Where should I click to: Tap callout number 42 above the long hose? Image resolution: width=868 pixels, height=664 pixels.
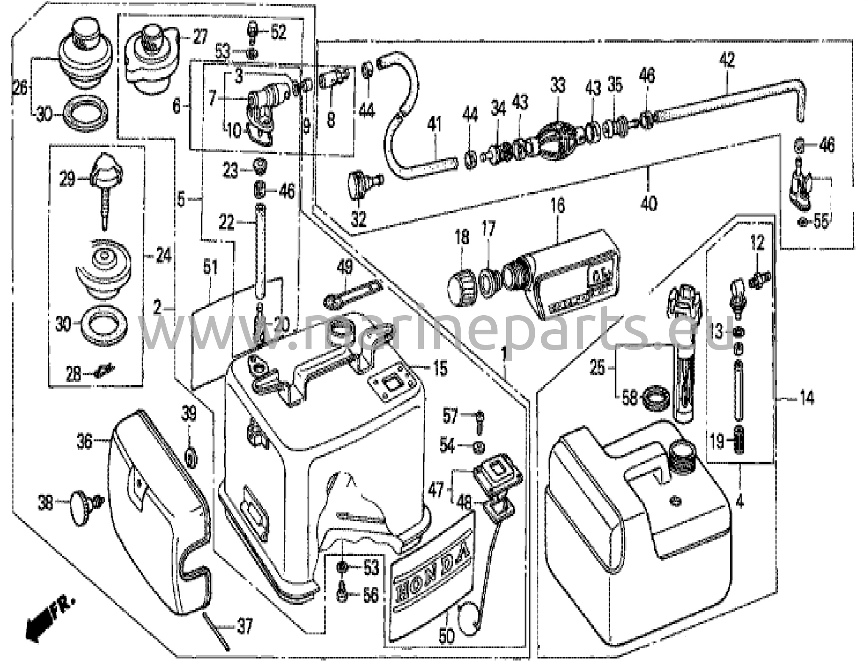726,61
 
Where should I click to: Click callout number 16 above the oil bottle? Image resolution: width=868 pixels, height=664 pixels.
558,205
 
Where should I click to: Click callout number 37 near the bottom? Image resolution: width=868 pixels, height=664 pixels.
244,626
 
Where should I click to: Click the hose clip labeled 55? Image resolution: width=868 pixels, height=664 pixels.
802,221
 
